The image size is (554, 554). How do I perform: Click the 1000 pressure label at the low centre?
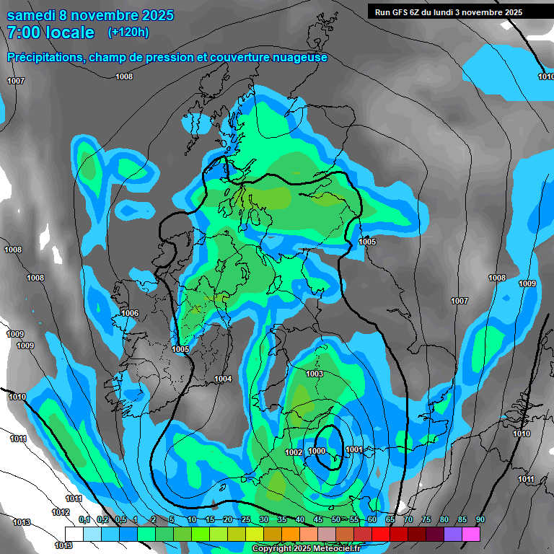(x=317, y=451)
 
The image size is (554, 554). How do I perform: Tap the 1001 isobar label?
(x=353, y=449)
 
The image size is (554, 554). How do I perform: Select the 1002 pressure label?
(x=294, y=452)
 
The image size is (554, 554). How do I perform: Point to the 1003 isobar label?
(x=314, y=374)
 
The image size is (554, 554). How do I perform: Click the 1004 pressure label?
(x=223, y=379)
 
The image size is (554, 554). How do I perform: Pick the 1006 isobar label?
(x=130, y=313)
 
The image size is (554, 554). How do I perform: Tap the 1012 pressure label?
(x=61, y=512)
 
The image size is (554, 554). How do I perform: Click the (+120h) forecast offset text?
(x=128, y=32)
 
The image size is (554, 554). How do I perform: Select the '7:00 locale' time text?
(x=50, y=32)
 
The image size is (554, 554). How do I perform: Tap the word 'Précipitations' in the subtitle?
(x=44, y=57)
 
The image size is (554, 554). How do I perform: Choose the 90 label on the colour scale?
(x=480, y=519)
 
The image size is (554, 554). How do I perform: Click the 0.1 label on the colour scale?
(x=84, y=519)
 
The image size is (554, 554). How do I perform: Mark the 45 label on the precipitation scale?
(x=318, y=519)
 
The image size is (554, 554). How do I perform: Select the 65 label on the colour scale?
(x=390, y=519)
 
